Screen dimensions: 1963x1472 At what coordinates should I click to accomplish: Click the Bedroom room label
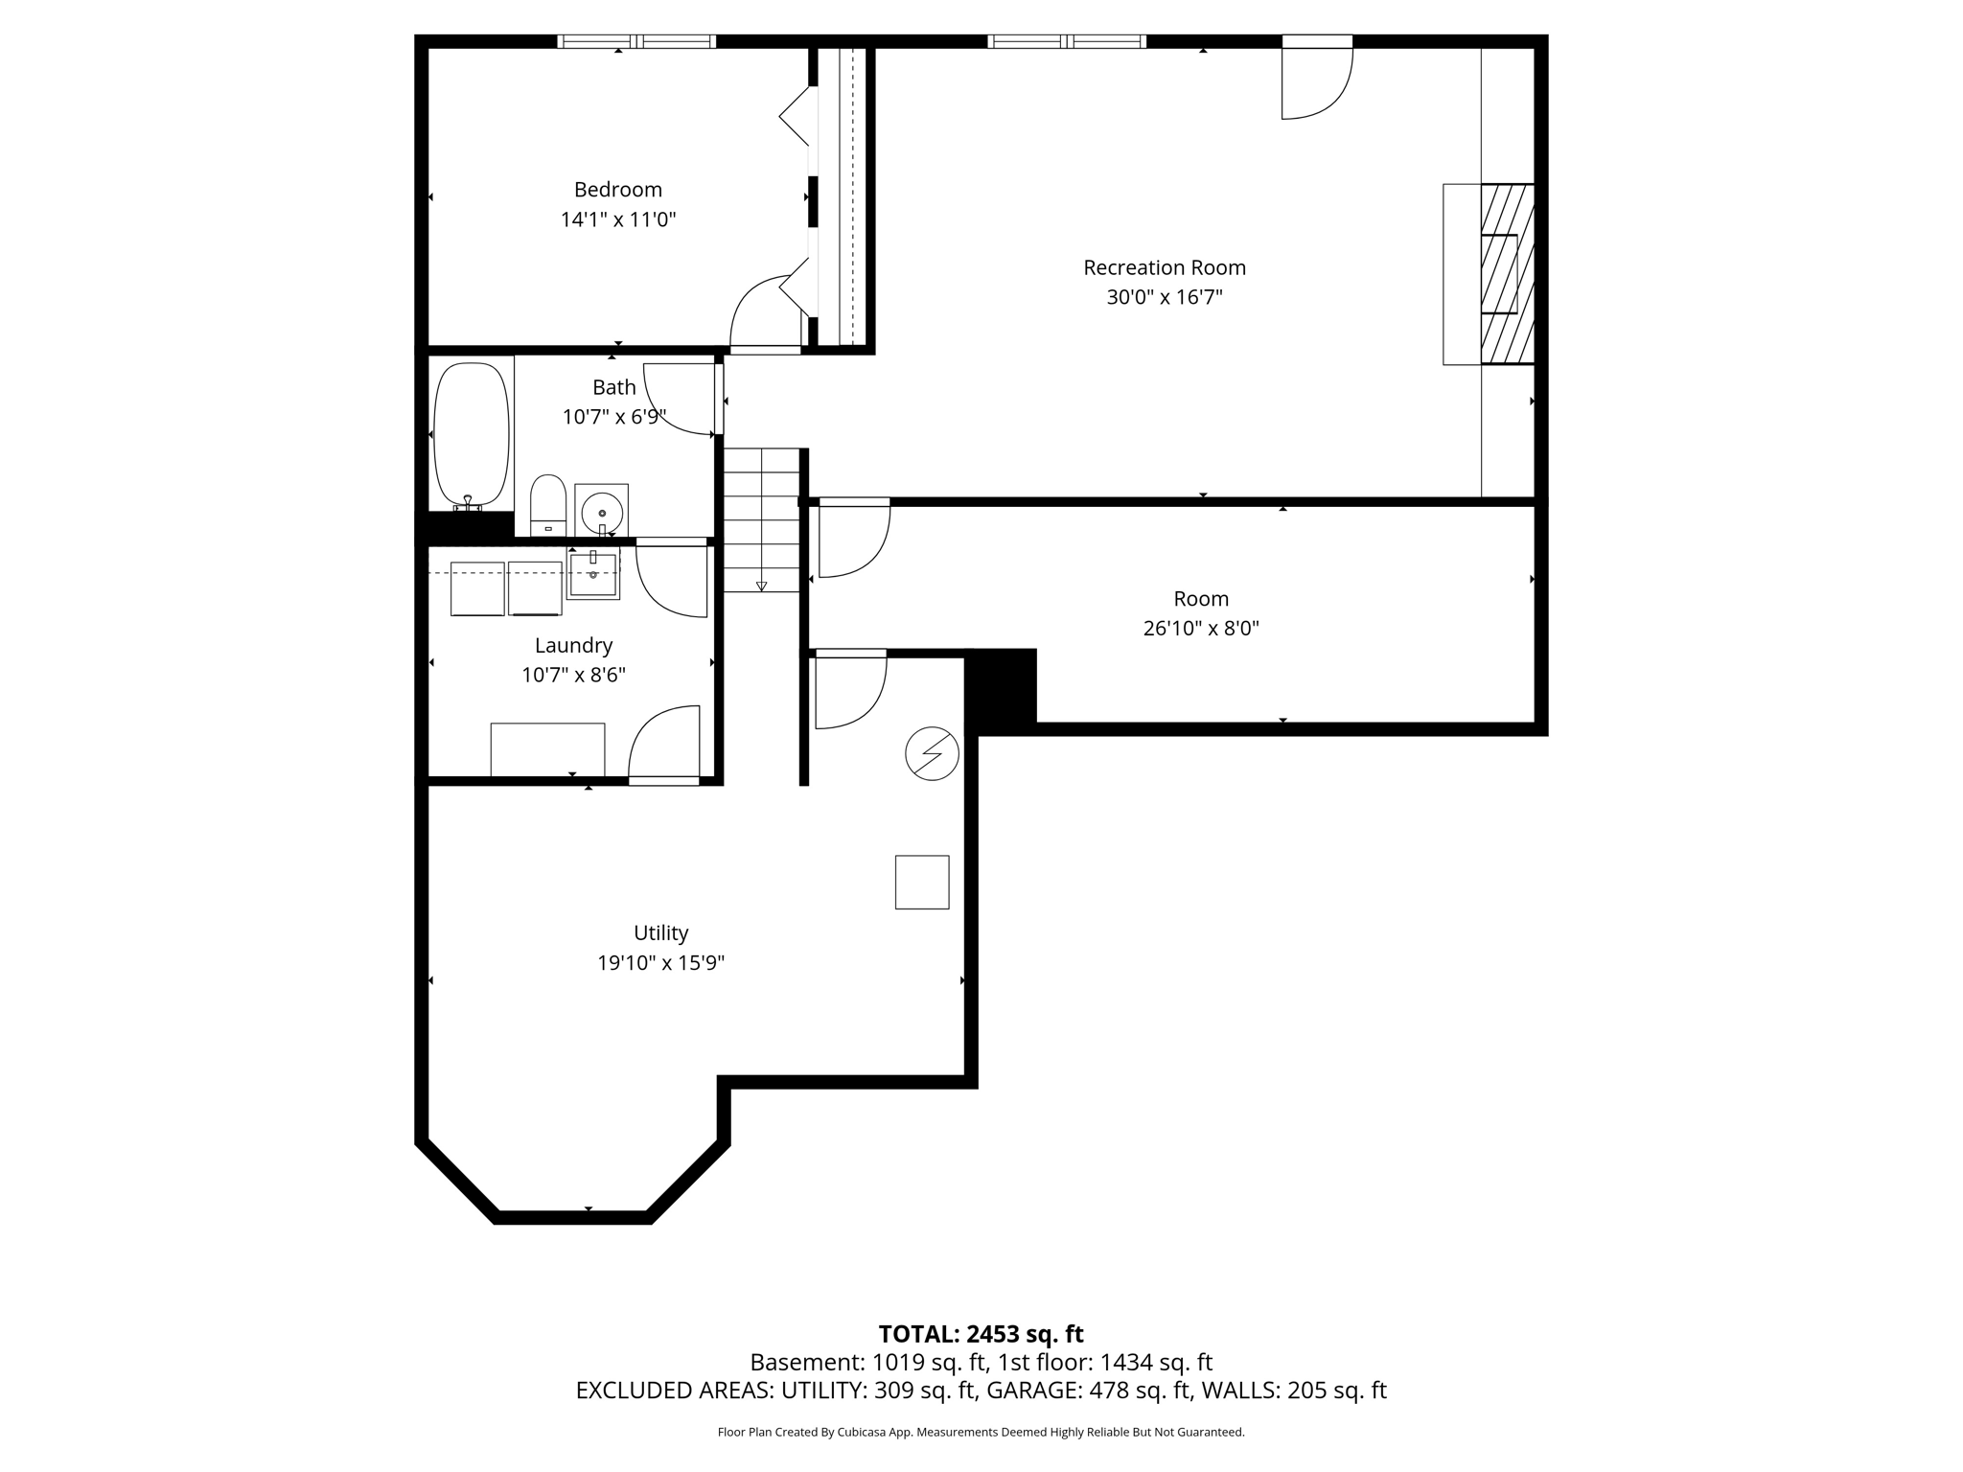point(618,190)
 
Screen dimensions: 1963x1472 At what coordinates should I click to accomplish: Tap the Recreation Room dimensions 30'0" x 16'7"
point(1165,297)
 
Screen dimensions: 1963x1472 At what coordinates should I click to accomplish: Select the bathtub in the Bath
point(472,435)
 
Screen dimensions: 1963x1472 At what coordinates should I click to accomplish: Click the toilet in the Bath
point(548,505)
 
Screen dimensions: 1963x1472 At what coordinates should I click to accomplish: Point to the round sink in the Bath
point(602,508)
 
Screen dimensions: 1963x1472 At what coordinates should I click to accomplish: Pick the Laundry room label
point(573,646)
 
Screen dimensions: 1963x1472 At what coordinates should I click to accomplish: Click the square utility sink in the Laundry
point(593,573)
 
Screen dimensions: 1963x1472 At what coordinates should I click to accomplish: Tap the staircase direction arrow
point(762,586)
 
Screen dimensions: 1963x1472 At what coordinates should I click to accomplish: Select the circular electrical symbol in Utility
point(932,753)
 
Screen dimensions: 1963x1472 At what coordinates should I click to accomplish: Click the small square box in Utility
point(922,882)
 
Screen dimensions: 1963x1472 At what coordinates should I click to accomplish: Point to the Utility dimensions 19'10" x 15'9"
point(661,963)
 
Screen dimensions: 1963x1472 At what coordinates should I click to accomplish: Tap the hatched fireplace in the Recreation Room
point(1508,274)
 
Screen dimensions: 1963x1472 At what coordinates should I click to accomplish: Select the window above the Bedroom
point(636,41)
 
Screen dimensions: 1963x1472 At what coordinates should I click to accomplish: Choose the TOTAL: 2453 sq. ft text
point(981,1334)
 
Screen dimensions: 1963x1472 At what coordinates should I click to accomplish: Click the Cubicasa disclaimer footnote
point(981,1433)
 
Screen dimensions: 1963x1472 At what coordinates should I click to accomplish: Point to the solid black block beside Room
point(1001,686)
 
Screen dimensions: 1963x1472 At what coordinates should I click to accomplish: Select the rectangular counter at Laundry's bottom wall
point(547,749)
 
